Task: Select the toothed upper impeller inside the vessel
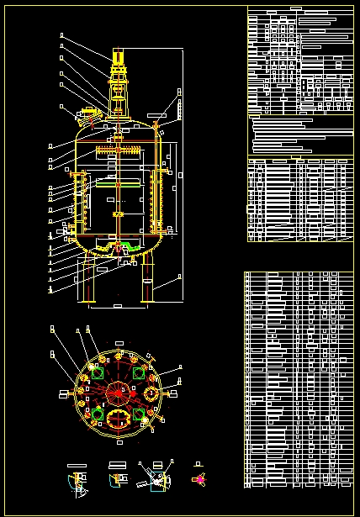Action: [117, 151]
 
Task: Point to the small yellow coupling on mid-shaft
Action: [117, 215]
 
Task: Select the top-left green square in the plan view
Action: [99, 373]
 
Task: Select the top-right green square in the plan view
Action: [138, 372]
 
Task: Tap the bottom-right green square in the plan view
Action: [139, 414]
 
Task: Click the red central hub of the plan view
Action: [118, 391]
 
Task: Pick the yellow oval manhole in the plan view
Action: [119, 418]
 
